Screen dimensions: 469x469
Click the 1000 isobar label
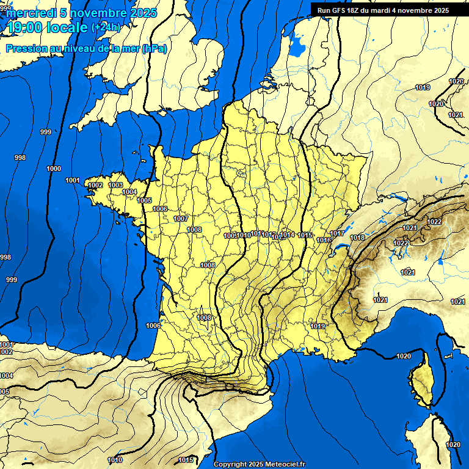tap(54, 169)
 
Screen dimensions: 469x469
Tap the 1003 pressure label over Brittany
tap(115, 185)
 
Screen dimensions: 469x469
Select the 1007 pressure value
tap(181, 219)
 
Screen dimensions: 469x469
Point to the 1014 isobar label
tap(287, 234)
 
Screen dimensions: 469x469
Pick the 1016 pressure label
tap(324, 240)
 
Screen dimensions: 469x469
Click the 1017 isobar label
tap(337, 233)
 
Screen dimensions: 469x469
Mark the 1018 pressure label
tap(358, 238)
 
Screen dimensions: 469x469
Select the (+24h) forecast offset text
tap(106, 27)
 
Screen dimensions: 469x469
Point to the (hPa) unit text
tap(154, 48)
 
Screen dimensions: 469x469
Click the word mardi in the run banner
tap(398, 10)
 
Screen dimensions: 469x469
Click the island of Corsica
tap(422, 382)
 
